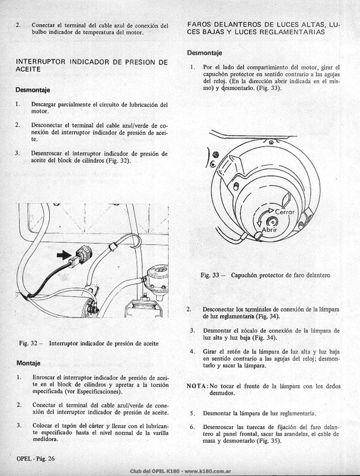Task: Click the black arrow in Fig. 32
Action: pos(64,256)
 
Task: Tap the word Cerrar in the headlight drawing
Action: pos(285,212)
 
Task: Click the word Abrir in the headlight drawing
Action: pos(269,230)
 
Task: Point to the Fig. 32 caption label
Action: pos(31,343)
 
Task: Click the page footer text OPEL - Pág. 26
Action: pos(35,459)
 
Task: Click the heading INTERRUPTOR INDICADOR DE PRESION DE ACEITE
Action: pos(92,65)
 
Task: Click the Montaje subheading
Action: pos(28,363)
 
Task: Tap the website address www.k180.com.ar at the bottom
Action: pos(208,471)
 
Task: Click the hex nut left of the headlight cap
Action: pos(216,154)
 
